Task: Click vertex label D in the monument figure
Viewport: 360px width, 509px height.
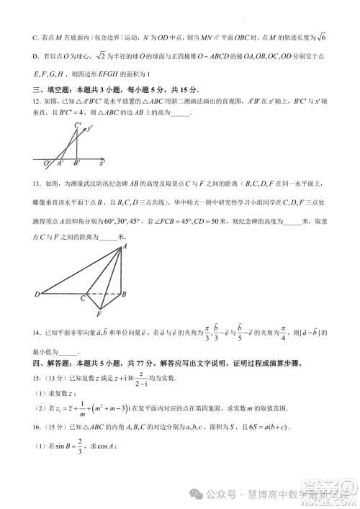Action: point(36,295)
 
